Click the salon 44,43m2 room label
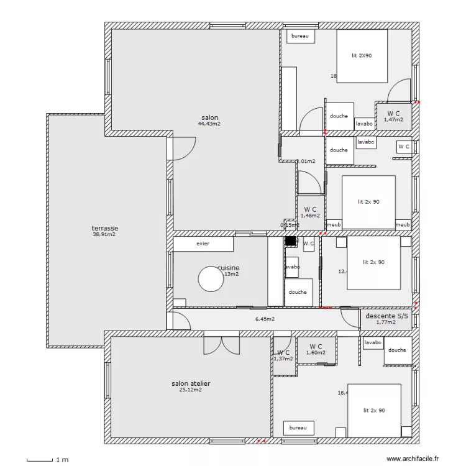coord(209,121)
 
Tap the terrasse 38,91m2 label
coord(104,231)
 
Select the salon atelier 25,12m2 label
coord(191,386)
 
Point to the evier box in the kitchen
coord(203,244)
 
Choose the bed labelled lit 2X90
coord(362,56)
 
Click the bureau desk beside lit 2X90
coord(300,37)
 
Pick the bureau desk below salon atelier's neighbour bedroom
coord(298,428)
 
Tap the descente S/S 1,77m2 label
coord(386,319)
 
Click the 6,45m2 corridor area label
coord(265,319)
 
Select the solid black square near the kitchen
coord(290,241)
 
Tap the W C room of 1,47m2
coord(394,116)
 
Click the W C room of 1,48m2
coord(310,212)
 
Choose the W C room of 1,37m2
coord(283,355)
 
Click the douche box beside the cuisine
coord(298,293)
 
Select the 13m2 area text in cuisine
coord(231,274)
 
